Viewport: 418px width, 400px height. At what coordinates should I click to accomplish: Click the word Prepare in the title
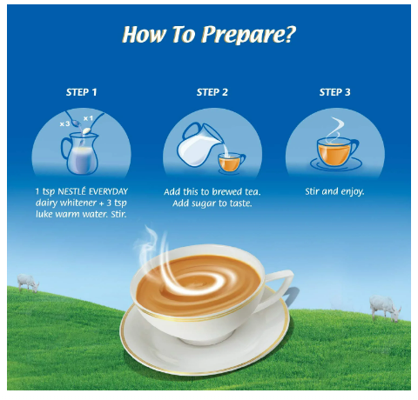pos(245,35)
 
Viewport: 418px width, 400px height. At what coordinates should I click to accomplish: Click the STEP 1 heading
pos(81,92)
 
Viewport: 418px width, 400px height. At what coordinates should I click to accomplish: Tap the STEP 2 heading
pos(212,92)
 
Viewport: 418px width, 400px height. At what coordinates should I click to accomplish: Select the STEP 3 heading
pos(334,92)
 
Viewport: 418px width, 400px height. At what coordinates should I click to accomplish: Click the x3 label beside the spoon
pos(64,123)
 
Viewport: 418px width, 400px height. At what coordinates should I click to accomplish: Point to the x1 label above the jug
pos(88,118)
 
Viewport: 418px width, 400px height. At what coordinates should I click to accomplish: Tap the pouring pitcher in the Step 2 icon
pos(200,144)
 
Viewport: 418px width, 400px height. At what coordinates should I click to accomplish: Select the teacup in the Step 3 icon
pos(336,152)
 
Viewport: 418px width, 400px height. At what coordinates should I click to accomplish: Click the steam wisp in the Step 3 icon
pos(334,130)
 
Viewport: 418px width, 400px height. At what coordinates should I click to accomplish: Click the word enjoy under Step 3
pos(353,192)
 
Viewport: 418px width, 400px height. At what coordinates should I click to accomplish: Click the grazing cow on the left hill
pos(28,283)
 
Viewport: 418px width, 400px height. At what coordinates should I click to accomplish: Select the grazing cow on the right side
pos(385,308)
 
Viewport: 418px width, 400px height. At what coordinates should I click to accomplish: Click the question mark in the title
pos(289,34)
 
